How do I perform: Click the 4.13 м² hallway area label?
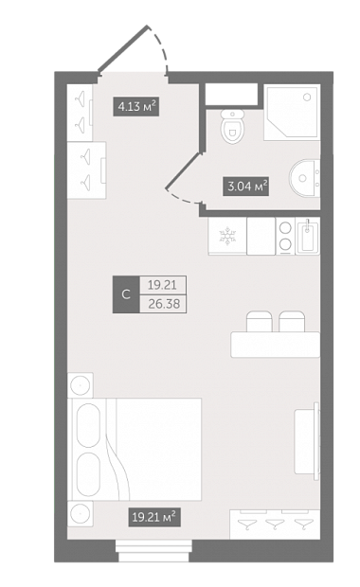136,107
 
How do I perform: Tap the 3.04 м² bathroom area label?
246,186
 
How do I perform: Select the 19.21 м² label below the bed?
154,517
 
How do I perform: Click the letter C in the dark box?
126,294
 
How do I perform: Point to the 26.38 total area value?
164,304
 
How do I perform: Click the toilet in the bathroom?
232,126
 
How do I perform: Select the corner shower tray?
292,113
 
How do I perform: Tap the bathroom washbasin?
304,178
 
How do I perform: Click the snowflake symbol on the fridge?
227,236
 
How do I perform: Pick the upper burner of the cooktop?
285,228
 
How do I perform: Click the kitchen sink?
308,236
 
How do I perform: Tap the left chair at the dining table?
259,321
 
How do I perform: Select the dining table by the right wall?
276,345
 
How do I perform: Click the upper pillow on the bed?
88,425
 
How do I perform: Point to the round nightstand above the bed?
81,385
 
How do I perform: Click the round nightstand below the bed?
81,513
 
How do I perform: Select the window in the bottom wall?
154,550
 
